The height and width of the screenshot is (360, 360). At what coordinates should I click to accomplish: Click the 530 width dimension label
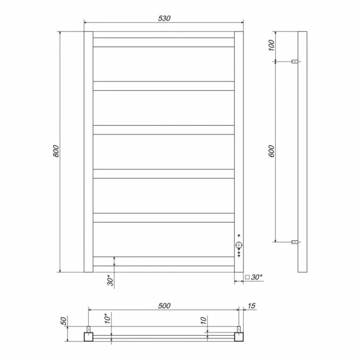(x=164, y=18)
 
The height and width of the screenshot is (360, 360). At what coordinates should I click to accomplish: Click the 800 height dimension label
(x=56, y=151)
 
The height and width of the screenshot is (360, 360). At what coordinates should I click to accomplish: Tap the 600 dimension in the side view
(x=271, y=151)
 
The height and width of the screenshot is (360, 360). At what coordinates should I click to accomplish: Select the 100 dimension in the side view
(x=271, y=45)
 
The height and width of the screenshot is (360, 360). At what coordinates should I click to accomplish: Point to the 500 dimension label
(x=164, y=306)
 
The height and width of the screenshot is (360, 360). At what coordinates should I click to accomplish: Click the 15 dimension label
(x=252, y=306)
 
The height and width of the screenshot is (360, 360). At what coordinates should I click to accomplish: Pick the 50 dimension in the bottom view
(x=63, y=321)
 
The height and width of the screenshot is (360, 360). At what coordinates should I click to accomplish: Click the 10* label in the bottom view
(x=107, y=319)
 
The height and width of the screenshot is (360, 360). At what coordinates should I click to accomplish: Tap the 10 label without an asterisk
(x=203, y=320)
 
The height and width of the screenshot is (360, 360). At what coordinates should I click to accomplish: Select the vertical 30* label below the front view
(x=110, y=280)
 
